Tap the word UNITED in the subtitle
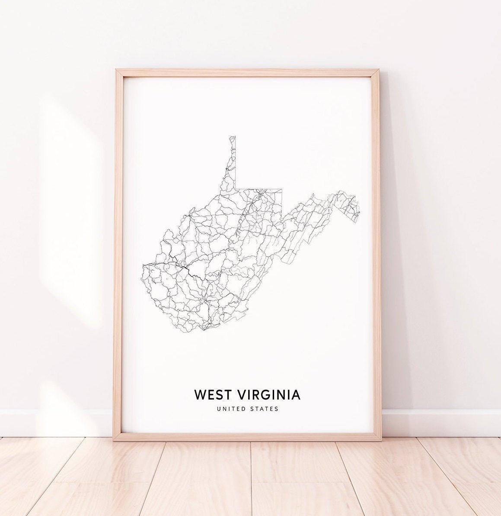pyautogui.click(x=233, y=409)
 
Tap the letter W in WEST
pyautogui.click(x=201, y=395)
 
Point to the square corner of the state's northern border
pyautogui.click(x=236, y=189)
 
